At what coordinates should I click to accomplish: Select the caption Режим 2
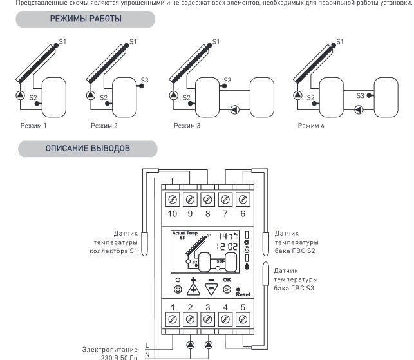(x=104, y=125)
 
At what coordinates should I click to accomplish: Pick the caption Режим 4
(x=311, y=125)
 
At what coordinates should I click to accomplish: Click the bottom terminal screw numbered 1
(x=173, y=317)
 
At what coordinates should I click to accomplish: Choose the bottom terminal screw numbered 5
(x=243, y=317)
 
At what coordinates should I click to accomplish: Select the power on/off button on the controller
(x=177, y=290)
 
